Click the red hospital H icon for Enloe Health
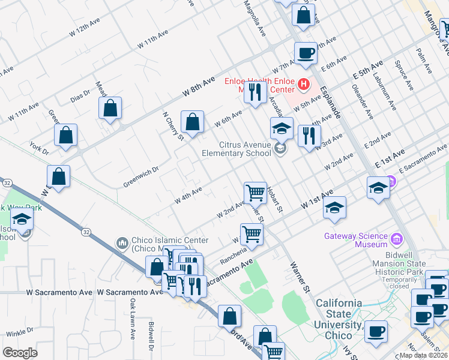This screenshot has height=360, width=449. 304,84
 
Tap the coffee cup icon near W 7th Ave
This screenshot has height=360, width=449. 306,53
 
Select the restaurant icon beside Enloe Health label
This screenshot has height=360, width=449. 255,92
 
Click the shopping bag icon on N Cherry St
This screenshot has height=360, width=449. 192,122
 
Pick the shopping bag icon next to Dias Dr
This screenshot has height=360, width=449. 110,109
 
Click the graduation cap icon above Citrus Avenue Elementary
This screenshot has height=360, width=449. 281,128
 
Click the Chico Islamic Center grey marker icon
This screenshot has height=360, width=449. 123,242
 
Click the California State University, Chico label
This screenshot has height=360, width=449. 339,319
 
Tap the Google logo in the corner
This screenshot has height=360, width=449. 20,352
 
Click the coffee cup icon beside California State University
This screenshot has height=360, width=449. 376,331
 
